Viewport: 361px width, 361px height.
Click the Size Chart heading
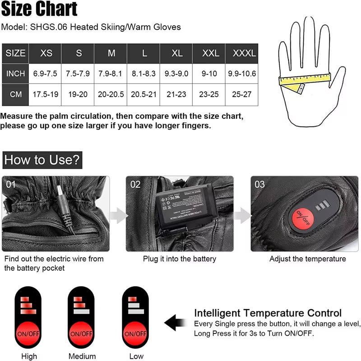39,9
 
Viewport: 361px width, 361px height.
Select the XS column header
46,53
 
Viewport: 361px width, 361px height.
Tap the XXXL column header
244,53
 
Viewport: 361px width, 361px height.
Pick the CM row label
15,95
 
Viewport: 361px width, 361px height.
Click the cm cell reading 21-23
177,95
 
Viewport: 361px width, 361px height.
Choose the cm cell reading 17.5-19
46,95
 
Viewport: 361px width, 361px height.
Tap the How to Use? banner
42,160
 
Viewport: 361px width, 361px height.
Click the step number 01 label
11,184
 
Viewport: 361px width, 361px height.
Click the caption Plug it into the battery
179,259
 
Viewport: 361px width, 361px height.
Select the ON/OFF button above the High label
29,334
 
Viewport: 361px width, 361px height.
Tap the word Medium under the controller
82,356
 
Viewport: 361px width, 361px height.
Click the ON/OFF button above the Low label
135,334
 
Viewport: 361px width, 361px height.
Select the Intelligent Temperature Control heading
268,313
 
